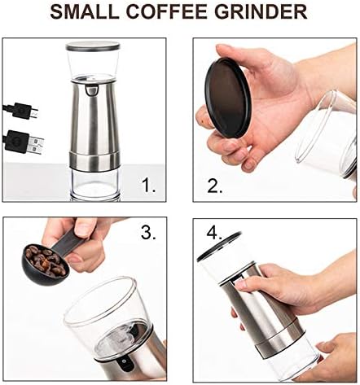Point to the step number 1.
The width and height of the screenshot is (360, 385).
pyautogui.click(x=149, y=186)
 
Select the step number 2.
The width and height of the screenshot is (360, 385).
pyautogui.click(x=214, y=186)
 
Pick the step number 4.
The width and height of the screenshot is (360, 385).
pyautogui.click(x=214, y=232)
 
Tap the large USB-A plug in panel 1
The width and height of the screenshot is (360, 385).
pyautogui.click(x=24, y=142)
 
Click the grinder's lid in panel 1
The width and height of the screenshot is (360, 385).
pyautogui.click(x=93, y=46)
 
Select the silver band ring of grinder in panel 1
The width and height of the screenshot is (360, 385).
pyautogui.click(x=94, y=161)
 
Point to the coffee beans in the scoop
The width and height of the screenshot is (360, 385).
pyautogui.click(x=45, y=260)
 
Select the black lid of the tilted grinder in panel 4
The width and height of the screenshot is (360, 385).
pyautogui.click(x=218, y=247)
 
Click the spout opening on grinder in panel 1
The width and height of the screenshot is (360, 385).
pyautogui.click(x=92, y=90)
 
